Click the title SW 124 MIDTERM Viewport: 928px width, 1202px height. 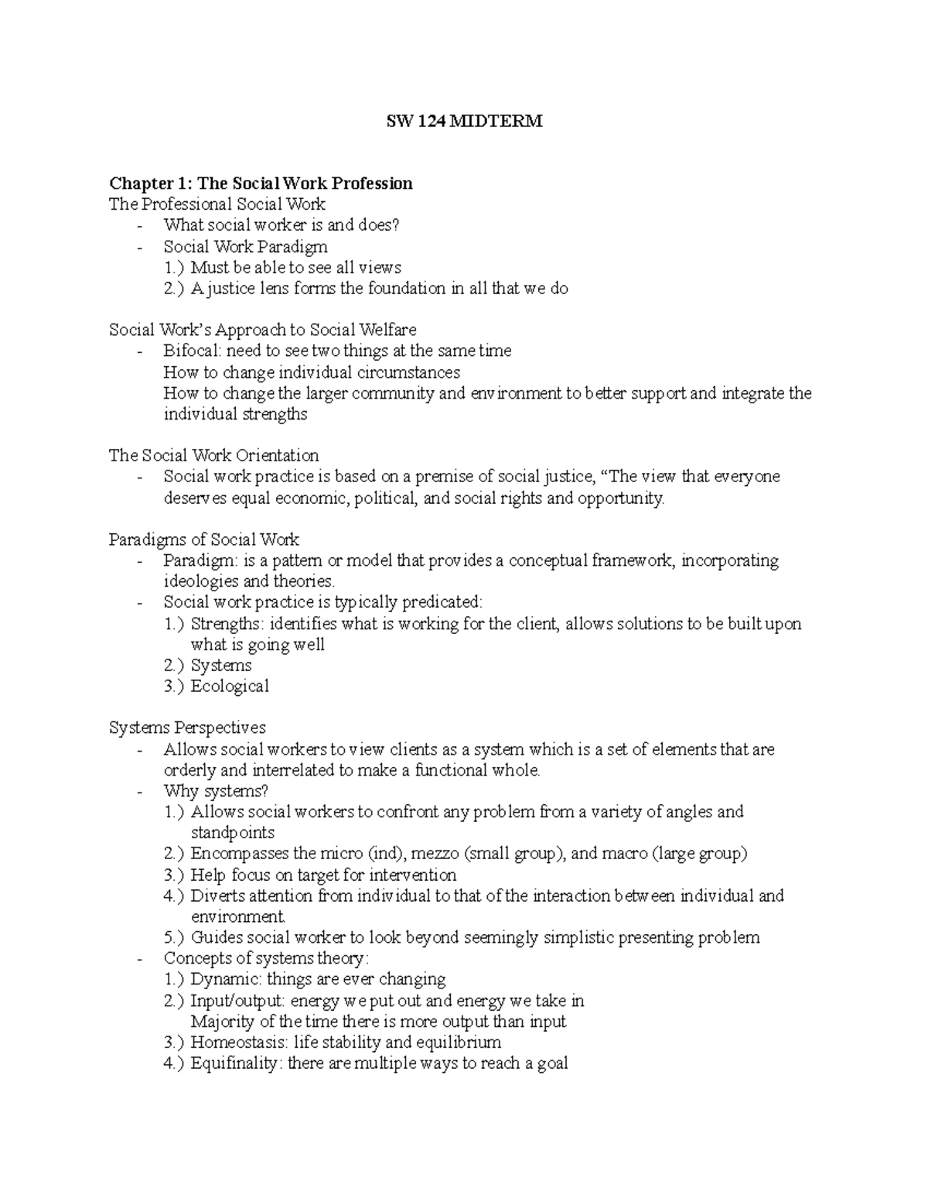pyautogui.click(x=464, y=122)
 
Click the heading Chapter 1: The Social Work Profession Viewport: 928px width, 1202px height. pyautogui.click(x=261, y=183)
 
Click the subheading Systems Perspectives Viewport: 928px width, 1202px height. pyautogui.click(x=187, y=728)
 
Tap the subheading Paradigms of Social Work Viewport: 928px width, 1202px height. pyautogui.click(x=204, y=539)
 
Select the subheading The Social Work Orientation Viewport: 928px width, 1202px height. pyautogui.click(x=213, y=455)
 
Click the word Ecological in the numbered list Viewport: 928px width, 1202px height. pyautogui.click(x=230, y=686)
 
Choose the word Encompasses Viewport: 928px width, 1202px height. pyautogui.click(x=239, y=854)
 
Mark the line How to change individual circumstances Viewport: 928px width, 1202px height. pyautogui.click(x=312, y=372)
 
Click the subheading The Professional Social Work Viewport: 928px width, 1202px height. pyautogui.click(x=217, y=204)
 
